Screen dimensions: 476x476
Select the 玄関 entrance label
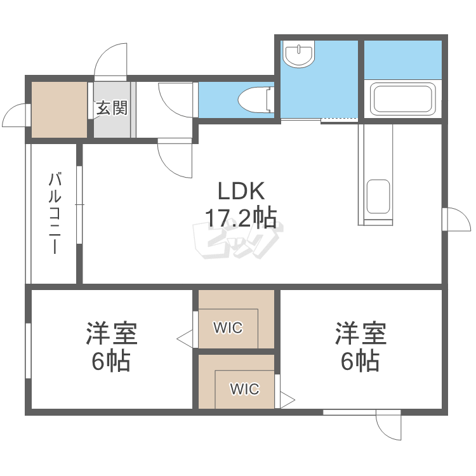pyautogui.click(x=112, y=108)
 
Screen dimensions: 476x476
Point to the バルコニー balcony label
pyautogui.click(x=55, y=213)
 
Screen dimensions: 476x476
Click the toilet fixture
pyautogui.click(x=254, y=100)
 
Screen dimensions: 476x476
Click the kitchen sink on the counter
pyautogui.click(x=378, y=196)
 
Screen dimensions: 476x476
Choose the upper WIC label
pyautogui.click(x=228, y=327)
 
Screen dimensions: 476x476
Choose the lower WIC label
pyautogui.click(x=244, y=389)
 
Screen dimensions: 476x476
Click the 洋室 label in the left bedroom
pyautogui.click(x=112, y=333)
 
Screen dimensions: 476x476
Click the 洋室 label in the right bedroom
pyautogui.click(x=360, y=333)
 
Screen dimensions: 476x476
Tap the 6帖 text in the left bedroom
pyautogui.click(x=112, y=361)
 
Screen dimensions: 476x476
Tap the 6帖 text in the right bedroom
pyautogui.click(x=360, y=361)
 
